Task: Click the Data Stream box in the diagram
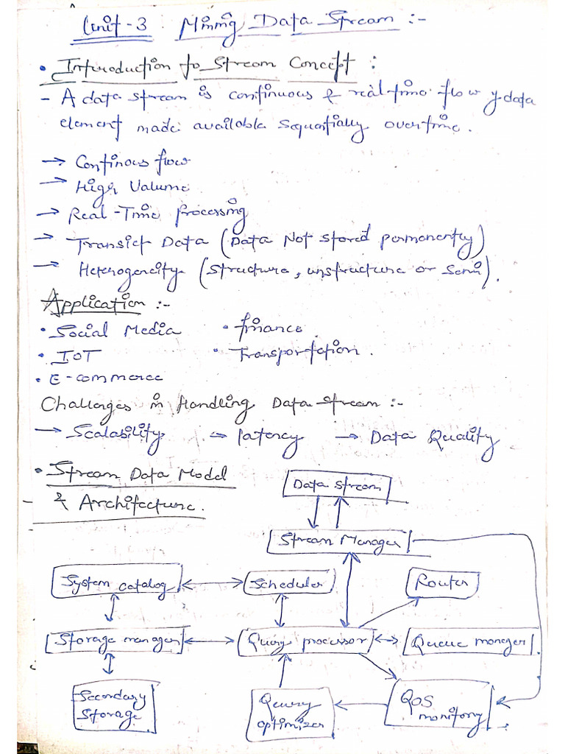[337, 485]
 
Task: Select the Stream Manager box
[341, 542]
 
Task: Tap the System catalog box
[116, 584]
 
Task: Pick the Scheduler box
[289, 583]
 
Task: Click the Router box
[441, 584]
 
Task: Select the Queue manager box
[471, 641]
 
